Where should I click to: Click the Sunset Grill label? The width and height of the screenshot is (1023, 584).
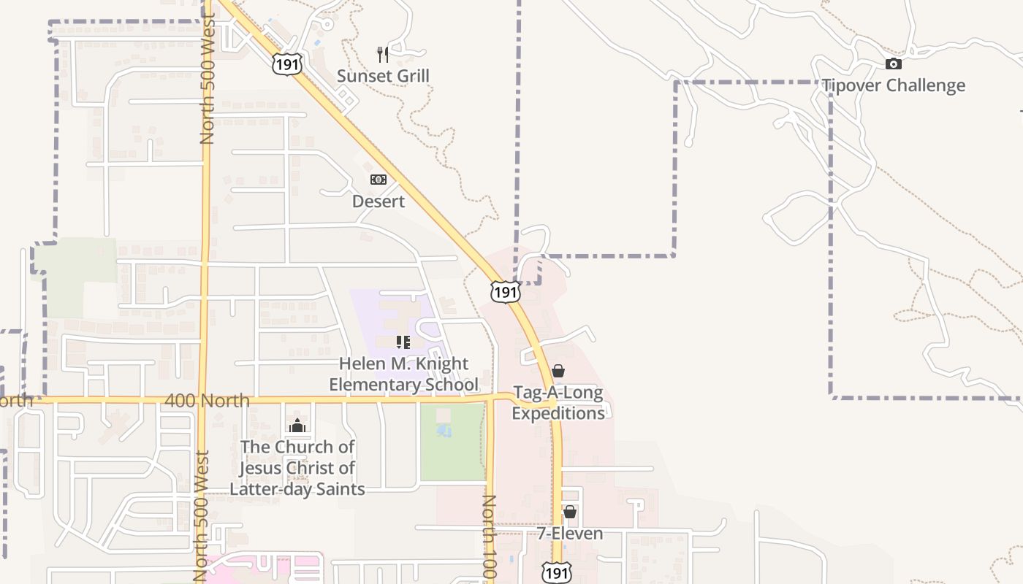[383, 76]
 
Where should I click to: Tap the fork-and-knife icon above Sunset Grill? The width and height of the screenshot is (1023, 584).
[383, 53]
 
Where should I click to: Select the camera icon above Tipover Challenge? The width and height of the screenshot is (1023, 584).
[893, 64]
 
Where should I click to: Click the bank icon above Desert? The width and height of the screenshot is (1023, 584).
[379, 180]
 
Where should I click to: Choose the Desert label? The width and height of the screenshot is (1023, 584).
[379, 201]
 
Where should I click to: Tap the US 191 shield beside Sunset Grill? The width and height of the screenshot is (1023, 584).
[286, 64]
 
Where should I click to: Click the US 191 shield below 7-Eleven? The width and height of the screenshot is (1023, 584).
[557, 572]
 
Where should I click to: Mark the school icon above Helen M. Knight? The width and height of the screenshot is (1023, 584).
[403, 342]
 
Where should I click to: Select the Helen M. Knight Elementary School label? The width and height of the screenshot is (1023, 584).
[404, 374]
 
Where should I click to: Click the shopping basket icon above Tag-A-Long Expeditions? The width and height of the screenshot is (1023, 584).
[558, 371]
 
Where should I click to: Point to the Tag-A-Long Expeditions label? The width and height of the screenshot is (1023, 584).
[558, 403]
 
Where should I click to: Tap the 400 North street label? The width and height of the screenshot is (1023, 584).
[208, 401]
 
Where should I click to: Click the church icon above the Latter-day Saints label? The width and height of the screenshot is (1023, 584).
[297, 426]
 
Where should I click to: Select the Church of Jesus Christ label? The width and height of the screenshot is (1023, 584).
[297, 467]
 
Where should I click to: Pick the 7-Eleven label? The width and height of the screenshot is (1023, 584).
[570, 534]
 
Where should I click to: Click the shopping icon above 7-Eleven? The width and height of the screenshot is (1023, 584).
[570, 512]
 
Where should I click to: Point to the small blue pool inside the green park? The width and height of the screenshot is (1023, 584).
[444, 431]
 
